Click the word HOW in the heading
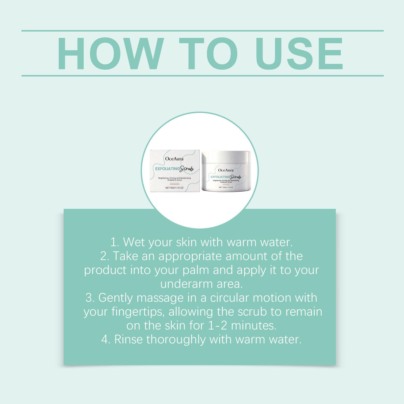(110, 54)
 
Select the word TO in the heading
(209, 54)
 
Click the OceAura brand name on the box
(174, 159)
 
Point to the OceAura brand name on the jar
(226, 170)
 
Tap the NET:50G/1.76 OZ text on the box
(174, 188)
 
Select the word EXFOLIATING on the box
(167, 169)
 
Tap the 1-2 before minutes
(218, 326)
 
